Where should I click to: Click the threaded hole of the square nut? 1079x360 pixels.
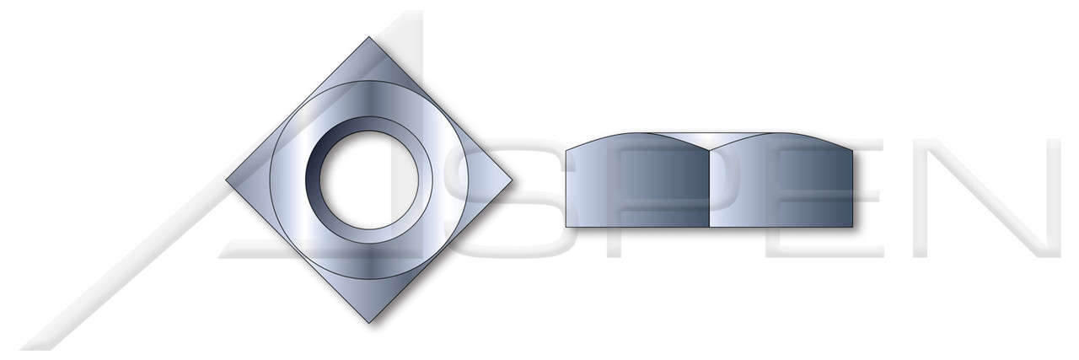[x=351, y=180]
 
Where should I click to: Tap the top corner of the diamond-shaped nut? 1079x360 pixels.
[x=368, y=37]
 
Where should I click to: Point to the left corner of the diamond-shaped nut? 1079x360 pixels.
[x=228, y=180]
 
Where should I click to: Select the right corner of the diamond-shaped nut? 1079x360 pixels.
[x=510, y=180]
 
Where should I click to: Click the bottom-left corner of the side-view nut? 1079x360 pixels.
[x=566, y=226]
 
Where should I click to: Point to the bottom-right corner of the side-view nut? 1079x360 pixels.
[x=854, y=226]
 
